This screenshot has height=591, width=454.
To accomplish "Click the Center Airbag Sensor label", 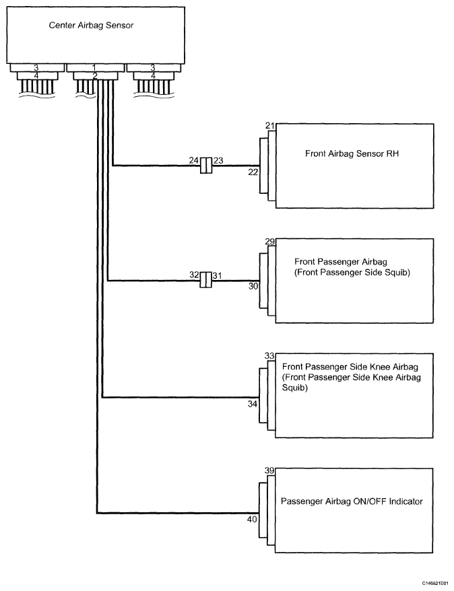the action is point(91,26).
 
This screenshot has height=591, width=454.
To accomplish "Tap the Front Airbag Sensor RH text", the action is point(352,153).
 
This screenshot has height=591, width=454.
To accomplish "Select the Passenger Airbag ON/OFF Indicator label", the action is point(352,501).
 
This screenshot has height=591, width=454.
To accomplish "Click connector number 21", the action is point(270,126).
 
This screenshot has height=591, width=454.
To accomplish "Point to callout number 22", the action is point(253,172).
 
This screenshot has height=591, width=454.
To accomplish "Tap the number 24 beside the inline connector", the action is point(194,161).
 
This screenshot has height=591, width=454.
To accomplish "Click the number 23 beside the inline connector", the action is point(218,161).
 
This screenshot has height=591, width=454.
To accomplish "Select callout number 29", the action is point(270,242).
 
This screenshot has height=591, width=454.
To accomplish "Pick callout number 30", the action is point(253,287).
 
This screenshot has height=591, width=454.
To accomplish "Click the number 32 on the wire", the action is point(194,275).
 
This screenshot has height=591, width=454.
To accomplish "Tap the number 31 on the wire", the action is point(217,276).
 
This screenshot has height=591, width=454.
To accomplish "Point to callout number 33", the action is point(269,356).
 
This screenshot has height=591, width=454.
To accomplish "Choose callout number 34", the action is point(253,404).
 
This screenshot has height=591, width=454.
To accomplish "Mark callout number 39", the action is point(269,471).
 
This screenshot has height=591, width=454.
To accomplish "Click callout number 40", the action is point(252,520).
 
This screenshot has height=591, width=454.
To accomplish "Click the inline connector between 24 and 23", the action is point(206,166).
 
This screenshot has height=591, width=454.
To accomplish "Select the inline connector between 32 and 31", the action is point(206,280).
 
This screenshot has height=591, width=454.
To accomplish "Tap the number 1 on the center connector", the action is point(94,68).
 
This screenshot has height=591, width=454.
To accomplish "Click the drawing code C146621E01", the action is point(436,582).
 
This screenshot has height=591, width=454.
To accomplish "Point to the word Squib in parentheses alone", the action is point(295,388).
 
